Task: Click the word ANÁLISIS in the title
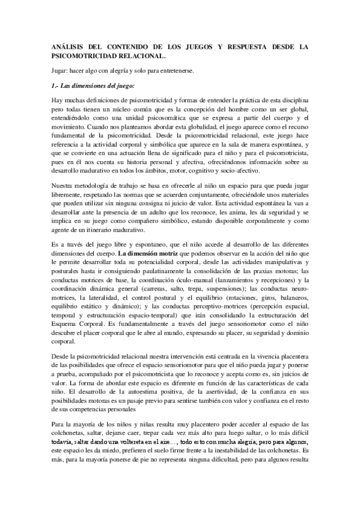point(67,46)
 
